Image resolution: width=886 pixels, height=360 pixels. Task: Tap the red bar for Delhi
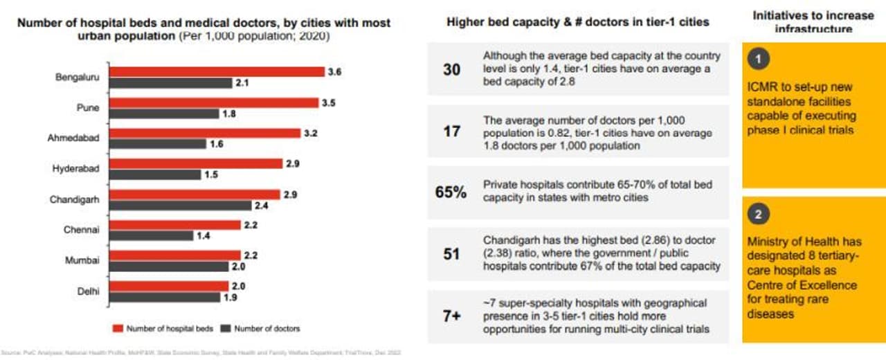[168, 286]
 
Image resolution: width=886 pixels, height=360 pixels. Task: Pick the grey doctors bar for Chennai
[151, 235]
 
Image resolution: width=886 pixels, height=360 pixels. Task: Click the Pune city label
[87, 108]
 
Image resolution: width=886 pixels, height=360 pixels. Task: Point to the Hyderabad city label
[76, 168]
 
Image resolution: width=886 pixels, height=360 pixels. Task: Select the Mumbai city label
[83, 260]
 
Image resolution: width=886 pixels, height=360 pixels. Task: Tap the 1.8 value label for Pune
[229, 114]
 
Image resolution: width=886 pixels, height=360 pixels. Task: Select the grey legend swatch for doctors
[225, 328]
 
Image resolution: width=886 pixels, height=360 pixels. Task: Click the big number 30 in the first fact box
[451, 70]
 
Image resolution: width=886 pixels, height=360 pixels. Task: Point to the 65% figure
[451, 192]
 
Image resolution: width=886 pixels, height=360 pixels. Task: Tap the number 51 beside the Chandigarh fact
[451, 254]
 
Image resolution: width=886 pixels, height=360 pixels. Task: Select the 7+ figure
[451, 316]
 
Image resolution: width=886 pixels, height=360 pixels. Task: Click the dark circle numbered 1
[759, 60]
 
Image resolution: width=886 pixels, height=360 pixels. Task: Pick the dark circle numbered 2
[759, 215]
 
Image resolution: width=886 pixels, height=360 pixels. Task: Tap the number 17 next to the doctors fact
[451, 131]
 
